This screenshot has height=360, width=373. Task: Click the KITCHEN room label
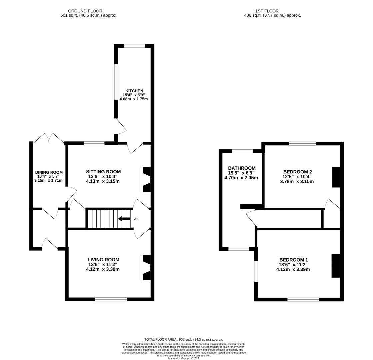click(134, 91)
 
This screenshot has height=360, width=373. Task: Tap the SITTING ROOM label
click(103, 172)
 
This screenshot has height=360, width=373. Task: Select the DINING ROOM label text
click(49, 172)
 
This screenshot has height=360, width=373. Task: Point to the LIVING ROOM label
click(103, 260)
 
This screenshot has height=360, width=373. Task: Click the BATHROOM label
click(242, 168)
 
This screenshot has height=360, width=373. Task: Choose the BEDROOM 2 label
click(297, 172)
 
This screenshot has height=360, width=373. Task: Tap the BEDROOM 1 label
click(294, 260)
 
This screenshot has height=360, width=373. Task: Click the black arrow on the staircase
click(124, 219)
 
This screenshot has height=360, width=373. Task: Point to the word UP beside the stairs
click(135, 219)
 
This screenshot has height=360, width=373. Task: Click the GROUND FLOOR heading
click(85, 11)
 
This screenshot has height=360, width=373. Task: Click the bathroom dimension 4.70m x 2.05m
click(241, 178)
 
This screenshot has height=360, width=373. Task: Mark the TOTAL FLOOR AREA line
click(183, 340)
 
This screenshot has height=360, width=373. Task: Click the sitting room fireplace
click(146, 179)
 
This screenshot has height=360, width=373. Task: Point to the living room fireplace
click(146, 267)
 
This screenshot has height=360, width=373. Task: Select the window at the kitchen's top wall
click(135, 46)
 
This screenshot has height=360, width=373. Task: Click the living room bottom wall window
click(111, 299)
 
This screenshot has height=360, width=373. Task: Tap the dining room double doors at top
click(49, 138)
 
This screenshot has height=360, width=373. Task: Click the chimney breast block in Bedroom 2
click(336, 177)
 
